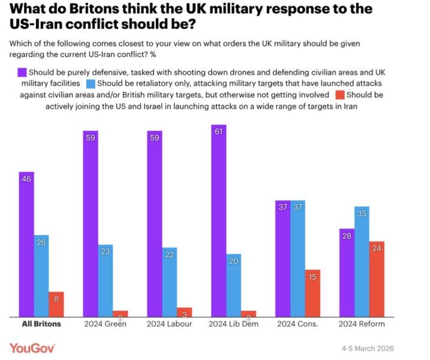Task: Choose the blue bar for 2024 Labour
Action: [170, 281]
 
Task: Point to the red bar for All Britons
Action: [56, 304]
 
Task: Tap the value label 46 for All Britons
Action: [26, 178]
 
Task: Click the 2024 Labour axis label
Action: [170, 324]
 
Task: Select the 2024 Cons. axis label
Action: [297, 324]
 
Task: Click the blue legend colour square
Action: [91, 83]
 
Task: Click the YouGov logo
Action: [32, 348]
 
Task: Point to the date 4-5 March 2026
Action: [368, 349]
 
